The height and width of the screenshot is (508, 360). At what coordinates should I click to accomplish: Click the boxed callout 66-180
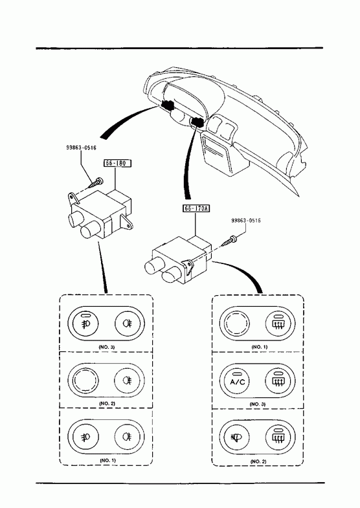point(117,163)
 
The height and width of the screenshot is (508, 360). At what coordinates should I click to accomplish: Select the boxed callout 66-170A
point(196,208)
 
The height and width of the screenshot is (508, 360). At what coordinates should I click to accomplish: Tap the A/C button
point(238,381)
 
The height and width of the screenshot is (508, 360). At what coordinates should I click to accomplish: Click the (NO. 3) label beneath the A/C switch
point(258,404)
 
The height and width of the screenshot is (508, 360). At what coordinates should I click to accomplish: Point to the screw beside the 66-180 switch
point(95,183)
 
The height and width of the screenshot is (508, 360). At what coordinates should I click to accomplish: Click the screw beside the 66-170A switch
point(229,241)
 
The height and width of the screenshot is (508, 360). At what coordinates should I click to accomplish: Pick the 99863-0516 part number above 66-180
point(81,148)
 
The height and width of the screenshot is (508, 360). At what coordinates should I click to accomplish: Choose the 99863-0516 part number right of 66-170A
point(246,221)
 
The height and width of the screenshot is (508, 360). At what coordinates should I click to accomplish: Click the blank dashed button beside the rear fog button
point(85,381)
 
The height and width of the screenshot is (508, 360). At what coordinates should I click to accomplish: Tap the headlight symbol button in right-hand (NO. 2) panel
point(238,437)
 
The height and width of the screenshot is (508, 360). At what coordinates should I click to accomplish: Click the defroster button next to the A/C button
point(278,381)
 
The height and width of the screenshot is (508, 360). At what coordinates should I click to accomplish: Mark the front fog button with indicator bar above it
point(85,324)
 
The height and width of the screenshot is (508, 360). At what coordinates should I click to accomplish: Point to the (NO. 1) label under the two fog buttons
point(107,460)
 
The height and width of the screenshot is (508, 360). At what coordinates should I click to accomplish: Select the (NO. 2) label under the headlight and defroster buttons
point(258,461)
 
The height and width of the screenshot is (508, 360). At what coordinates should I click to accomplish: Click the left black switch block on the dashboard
point(168,105)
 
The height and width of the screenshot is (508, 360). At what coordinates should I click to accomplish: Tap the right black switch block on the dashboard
point(197,122)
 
